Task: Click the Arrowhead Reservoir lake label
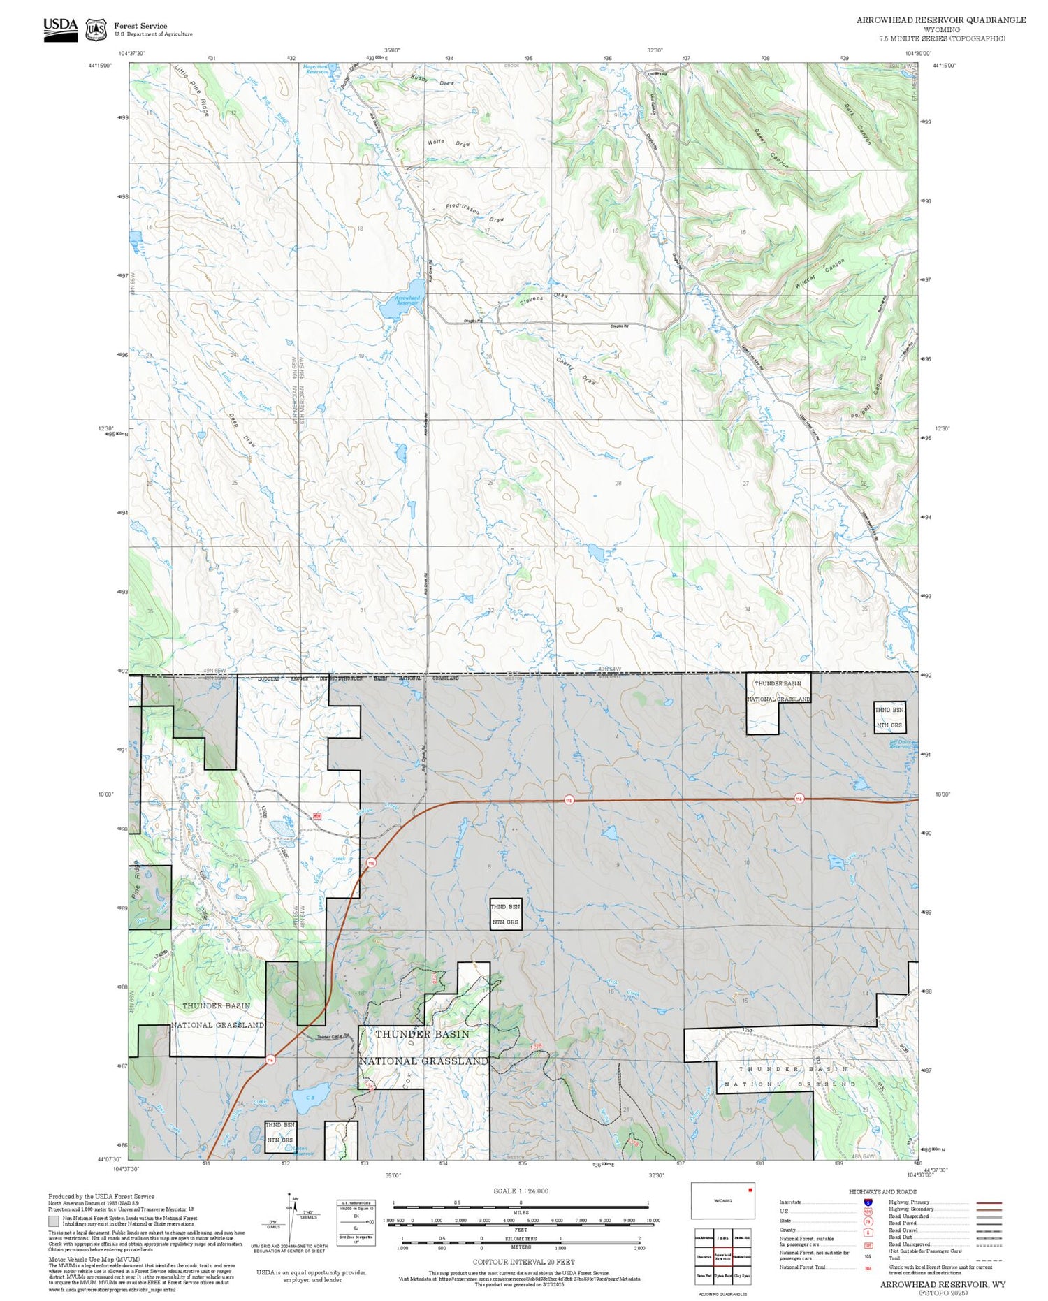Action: (407, 300)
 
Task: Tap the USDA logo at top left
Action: (61, 29)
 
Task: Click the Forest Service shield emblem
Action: (96, 30)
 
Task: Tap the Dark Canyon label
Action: (857, 124)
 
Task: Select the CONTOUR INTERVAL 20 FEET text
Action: (523, 1262)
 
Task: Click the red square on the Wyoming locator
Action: (750, 1189)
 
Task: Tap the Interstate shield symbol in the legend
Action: (868, 1202)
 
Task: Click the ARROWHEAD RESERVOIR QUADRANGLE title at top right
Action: (941, 20)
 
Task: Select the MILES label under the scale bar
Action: (521, 1213)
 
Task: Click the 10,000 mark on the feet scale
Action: (653, 1221)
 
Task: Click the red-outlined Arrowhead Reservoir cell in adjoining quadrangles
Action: (722, 1257)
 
